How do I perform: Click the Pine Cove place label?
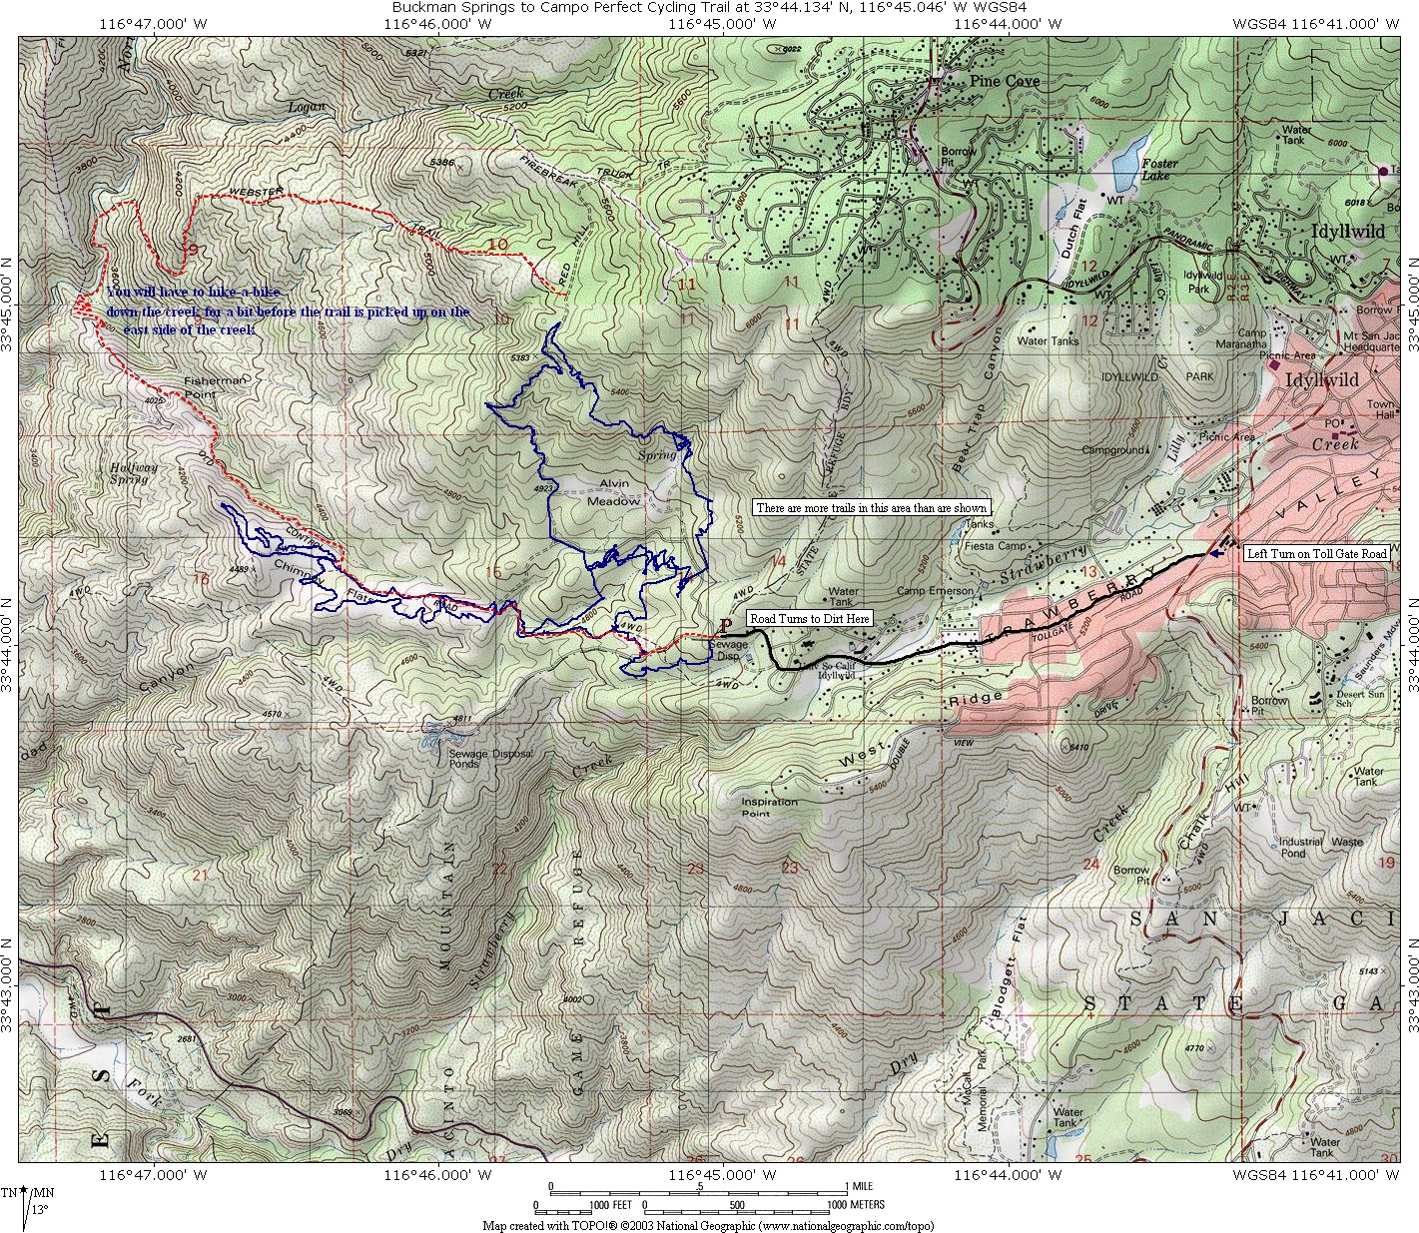click(x=1004, y=81)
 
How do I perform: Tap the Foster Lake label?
click(x=1159, y=170)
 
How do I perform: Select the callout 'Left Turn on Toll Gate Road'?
click(x=1316, y=553)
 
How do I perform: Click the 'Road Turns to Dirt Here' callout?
click(x=810, y=619)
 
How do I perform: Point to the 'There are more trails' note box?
click(x=871, y=508)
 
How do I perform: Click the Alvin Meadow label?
click(x=613, y=492)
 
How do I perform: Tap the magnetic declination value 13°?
click(x=39, y=1209)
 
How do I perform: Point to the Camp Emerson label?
click(x=935, y=591)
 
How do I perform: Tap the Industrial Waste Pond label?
click(x=1319, y=848)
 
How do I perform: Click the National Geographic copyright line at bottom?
click(x=708, y=1225)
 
